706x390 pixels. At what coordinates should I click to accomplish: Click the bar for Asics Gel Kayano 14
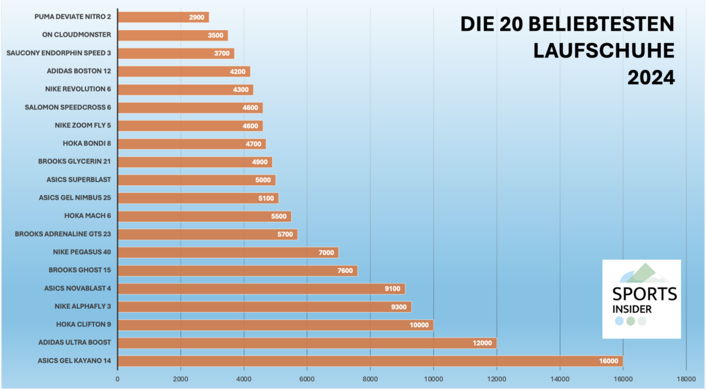[370, 361]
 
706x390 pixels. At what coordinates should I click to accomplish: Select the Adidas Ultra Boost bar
[307, 343]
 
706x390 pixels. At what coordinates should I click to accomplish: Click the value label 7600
[345, 270]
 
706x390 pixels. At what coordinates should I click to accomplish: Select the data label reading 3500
[217, 35]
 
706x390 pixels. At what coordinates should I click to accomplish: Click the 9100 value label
[393, 289]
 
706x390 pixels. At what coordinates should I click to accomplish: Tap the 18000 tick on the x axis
[686, 378]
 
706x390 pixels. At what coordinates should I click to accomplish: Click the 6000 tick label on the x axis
[307, 378]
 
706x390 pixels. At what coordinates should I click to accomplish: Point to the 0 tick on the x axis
[118, 378]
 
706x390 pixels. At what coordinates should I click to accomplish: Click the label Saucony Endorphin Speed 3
[58, 53]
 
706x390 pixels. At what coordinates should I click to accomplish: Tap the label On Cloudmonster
[76, 35]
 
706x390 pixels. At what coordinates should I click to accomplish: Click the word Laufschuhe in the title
[603, 51]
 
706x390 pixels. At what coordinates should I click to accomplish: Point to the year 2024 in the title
[650, 77]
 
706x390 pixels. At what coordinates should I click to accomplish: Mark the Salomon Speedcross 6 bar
[190, 107]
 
